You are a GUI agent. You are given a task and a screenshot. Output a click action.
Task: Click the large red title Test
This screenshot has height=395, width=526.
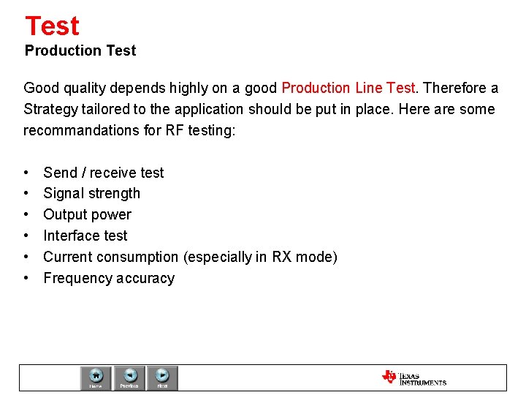(x=52, y=26)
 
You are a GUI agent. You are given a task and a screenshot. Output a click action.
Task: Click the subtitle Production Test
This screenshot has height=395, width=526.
(x=80, y=50)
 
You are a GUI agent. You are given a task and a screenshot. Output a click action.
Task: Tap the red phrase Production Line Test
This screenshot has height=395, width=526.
(x=348, y=89)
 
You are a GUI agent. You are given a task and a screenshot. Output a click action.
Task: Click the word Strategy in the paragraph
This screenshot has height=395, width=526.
(x=50, y=110)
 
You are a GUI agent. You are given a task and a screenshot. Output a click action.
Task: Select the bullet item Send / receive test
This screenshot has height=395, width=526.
(x=104, y=173)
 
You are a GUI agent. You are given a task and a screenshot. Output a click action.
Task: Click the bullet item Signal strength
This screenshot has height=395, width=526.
(x=91, y=194)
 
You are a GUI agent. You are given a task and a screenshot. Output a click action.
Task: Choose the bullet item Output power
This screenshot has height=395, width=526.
(x=87, y=215)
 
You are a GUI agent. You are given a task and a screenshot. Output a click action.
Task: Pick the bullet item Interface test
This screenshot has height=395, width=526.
(x=85, y=236)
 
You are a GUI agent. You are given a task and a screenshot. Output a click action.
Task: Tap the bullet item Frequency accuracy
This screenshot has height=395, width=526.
(x=109, y=279)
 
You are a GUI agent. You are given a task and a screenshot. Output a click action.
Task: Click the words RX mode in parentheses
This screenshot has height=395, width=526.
(x=302, y=257)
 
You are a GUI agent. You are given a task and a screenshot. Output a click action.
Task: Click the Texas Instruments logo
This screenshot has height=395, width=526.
(x=413, y=377)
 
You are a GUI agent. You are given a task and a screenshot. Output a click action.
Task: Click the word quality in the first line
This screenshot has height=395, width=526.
(x=84, y=89)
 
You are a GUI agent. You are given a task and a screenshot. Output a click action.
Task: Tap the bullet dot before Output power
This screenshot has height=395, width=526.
(x=26, y=215)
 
